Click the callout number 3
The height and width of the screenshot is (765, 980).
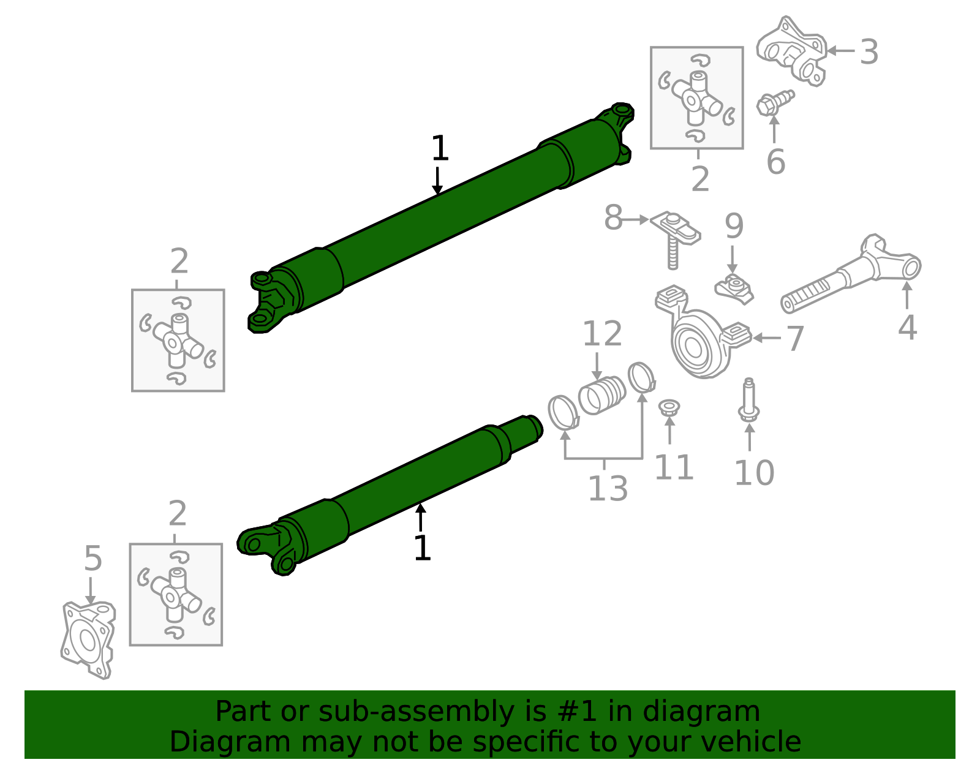[869, 52]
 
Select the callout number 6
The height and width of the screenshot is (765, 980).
[775, 162]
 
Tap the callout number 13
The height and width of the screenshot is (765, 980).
[608, 489]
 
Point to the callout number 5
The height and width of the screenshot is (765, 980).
[92, 559]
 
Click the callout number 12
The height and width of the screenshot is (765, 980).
[601, 334]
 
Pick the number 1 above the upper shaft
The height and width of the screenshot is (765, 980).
[439, 148]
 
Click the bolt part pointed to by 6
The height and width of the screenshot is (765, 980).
[773, 102]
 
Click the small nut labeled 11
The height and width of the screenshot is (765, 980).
[669, 409]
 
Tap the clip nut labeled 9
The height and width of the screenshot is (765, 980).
[734, 288]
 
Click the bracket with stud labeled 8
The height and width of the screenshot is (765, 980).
[674, 233]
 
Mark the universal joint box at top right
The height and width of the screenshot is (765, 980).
[696, 98]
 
